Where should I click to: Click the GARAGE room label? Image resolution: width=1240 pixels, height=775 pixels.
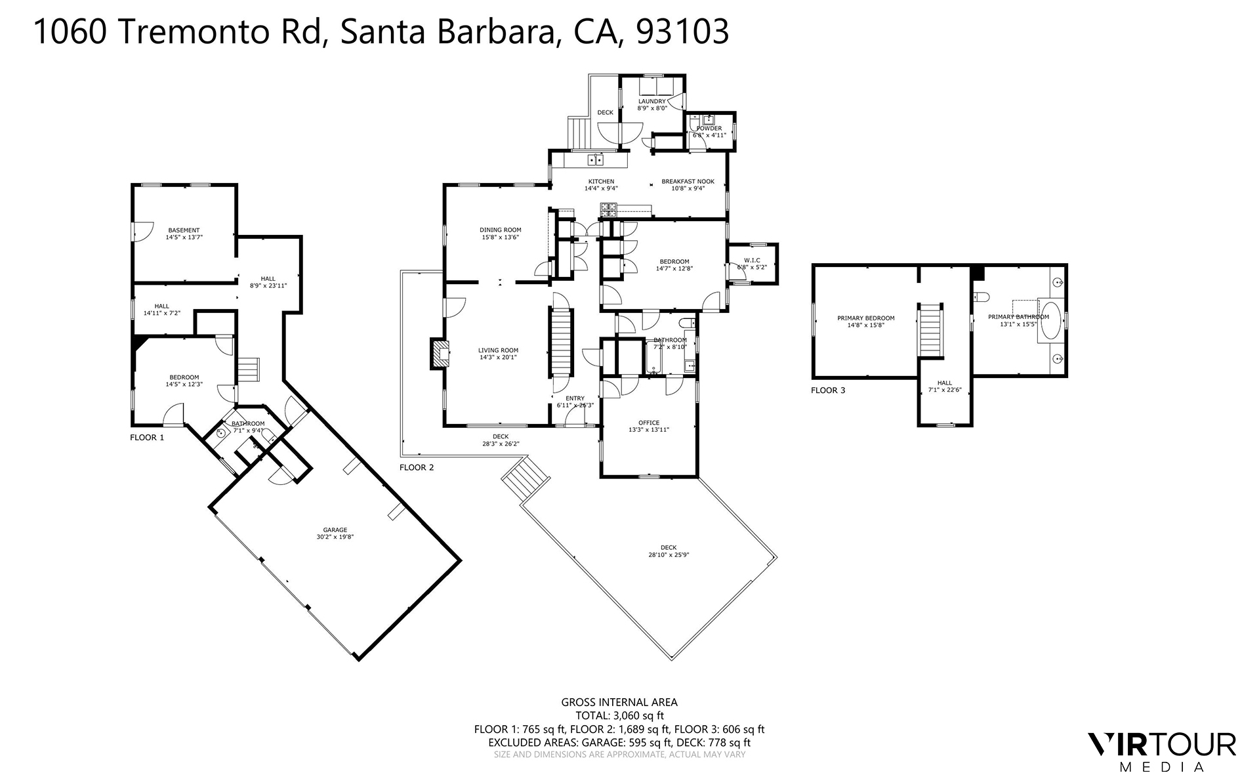[x=335, y=530]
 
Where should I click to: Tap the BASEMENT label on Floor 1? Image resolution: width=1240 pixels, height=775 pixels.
[x=184, y=230]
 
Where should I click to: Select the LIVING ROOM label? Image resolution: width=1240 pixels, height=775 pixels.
[x=498, y=350]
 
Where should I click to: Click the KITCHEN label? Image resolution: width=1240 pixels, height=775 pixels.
[x=601, y=182]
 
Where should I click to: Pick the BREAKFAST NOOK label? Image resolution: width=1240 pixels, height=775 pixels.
[x=688, y=182]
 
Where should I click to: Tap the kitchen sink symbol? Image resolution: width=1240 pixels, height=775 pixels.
[x=596, y=159]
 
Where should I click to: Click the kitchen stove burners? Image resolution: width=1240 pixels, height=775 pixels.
[x=608, y=210]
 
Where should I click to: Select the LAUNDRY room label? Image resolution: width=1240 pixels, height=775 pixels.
[x=652, y=101]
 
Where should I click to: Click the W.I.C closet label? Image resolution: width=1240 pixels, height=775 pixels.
[x=752, y=261]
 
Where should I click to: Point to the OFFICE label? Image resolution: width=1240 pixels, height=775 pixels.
[x=649, y=423]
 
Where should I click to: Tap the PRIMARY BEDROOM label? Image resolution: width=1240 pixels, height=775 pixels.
[x=865, y=318]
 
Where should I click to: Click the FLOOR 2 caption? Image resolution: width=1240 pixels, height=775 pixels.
[x=417, y=468]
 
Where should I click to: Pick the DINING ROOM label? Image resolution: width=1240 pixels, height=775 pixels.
[x=500, y=230]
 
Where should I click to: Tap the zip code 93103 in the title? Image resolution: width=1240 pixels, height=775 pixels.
[x=682, y=31]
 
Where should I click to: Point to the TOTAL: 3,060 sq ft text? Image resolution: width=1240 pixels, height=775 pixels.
[x=619, y=716]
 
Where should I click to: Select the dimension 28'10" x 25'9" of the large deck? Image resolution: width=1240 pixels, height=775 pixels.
[x=669, y=555]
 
